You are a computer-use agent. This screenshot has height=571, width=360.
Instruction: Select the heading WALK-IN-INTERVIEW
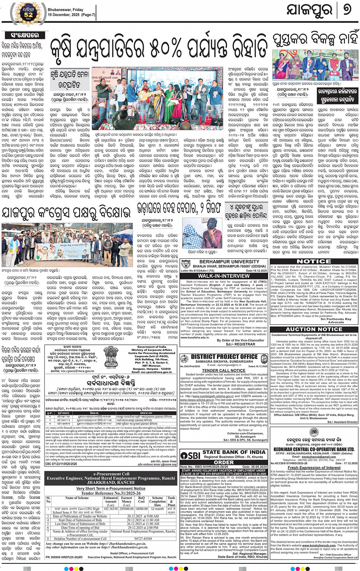coord(224,276)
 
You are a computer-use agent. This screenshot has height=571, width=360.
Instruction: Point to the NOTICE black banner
coord(314,261)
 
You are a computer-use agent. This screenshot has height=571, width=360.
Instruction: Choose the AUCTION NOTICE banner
coord(314,329)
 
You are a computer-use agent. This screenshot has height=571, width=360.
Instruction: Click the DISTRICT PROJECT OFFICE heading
coord(224,357)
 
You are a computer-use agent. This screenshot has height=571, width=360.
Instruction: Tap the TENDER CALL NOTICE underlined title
coord(224,370)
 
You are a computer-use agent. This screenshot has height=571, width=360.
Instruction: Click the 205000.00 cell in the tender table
coord(126,508)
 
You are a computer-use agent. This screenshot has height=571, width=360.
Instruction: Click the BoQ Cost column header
coord(142,500)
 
